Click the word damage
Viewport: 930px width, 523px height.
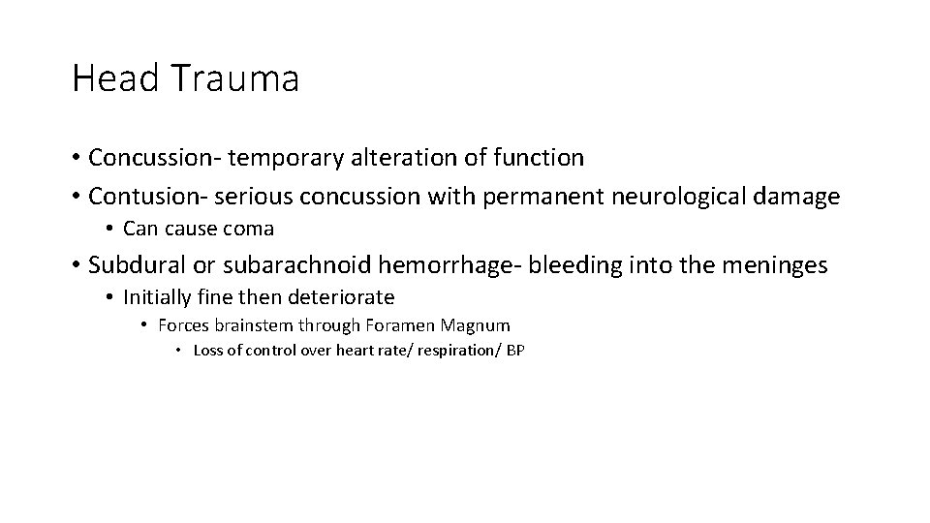click(796, 197)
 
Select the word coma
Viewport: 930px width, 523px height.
click(250, 230)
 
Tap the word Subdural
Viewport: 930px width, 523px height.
click(130, 264)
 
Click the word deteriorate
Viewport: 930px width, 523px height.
click(339, 297)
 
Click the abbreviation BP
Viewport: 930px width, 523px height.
click(514, 351)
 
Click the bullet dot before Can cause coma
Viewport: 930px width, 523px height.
click(111, 230)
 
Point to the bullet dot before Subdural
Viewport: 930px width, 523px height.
click(76, 264)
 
